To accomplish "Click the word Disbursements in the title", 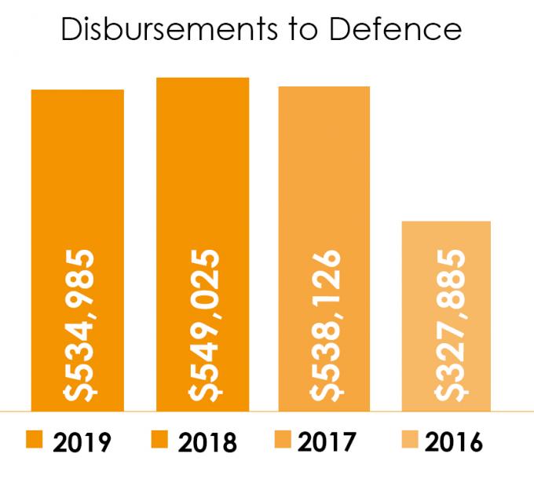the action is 170,29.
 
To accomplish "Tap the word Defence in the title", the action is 395,29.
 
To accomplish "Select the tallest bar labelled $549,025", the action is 203,244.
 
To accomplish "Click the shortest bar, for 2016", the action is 446,317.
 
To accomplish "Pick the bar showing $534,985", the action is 78,251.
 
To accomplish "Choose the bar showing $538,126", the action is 324,249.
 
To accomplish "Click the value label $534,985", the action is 79,326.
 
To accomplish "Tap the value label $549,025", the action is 204,326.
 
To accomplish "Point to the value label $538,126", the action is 326,326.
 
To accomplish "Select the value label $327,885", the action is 450,326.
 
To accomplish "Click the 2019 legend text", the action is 82,442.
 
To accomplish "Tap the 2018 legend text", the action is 207,442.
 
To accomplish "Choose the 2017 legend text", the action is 327,442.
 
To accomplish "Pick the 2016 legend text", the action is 454,442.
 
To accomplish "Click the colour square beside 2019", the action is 35,439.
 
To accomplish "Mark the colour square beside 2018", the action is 159,439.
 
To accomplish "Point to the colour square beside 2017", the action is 283,439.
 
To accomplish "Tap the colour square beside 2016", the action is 410,439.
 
